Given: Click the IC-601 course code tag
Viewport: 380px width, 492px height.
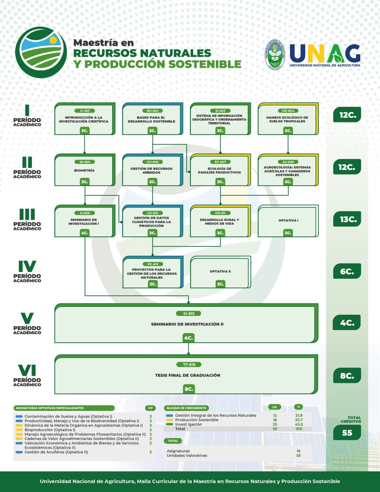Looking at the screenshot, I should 85,111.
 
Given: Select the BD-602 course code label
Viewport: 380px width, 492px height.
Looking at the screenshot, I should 152,111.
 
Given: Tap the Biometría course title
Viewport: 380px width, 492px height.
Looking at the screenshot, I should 84,171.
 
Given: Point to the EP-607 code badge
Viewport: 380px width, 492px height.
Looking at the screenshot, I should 220,162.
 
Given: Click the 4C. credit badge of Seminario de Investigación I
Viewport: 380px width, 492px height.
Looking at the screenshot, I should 84,233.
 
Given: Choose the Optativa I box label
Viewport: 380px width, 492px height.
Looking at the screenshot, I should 288,221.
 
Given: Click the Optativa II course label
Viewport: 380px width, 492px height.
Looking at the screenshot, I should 220,271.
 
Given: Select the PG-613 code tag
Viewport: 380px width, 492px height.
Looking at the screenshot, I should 152,264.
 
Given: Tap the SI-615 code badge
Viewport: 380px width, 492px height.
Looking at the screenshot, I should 188,314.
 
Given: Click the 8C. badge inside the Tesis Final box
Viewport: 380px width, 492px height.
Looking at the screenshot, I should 188,389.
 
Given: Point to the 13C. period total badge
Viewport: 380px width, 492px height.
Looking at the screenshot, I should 347,219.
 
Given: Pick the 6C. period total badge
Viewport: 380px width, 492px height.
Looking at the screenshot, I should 347,271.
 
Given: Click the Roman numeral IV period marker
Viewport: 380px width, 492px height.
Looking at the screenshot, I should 27,266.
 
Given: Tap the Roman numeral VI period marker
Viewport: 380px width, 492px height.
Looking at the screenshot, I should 27,370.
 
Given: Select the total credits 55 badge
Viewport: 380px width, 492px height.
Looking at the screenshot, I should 347,433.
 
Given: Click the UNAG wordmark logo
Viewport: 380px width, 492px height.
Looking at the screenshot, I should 325,54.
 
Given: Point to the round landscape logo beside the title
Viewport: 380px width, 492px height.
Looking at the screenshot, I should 41,52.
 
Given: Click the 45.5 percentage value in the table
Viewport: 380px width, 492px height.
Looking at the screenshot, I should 299,424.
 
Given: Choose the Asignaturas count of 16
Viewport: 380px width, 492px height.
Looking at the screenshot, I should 299,451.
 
